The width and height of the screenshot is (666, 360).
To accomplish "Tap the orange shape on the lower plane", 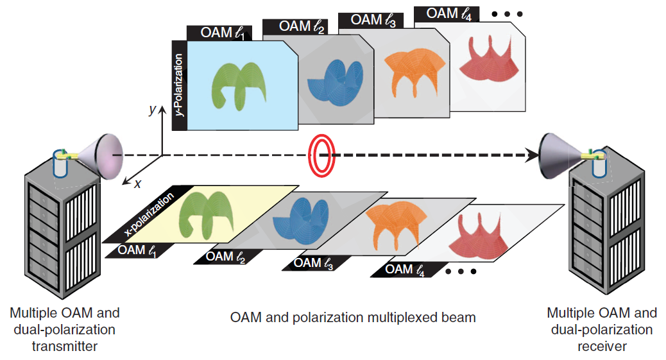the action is pos(395,221).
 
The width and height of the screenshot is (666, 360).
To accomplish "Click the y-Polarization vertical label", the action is pos(179,85).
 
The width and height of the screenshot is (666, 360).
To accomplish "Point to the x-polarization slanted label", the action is pos(149,214).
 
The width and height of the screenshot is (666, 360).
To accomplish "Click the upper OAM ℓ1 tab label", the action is pos(223,33).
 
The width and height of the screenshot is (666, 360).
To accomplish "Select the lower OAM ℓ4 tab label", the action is pos(405,270).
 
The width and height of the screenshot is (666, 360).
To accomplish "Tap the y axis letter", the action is pos(153,110).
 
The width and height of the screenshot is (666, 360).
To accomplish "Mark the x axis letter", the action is pos(137,184).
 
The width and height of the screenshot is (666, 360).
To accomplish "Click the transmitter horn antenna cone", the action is pos(103,156).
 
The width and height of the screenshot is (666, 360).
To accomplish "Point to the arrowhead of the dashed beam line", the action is pos(532,155).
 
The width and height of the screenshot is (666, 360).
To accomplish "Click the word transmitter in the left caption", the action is pos(65,346).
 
